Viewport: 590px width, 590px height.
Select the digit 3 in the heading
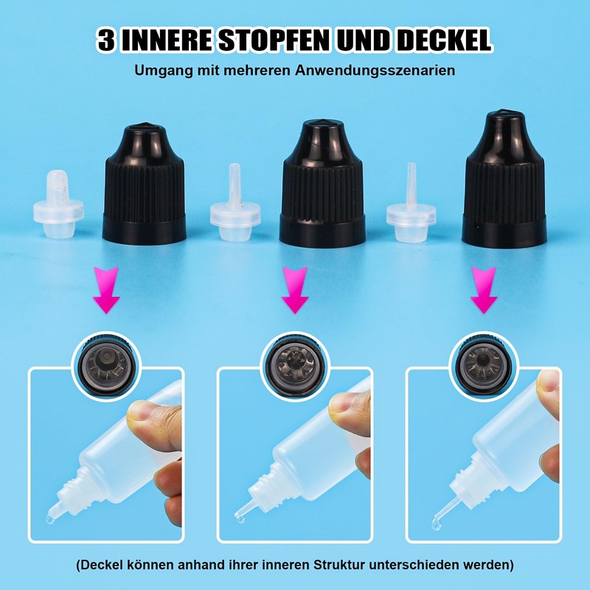click(x=107, y=40)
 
